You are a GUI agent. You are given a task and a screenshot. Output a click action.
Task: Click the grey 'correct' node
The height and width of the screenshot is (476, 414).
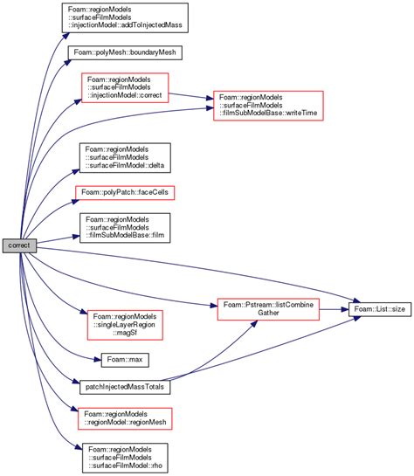point(19,245)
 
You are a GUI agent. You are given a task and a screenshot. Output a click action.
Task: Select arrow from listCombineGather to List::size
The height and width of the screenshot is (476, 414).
point(335,308)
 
